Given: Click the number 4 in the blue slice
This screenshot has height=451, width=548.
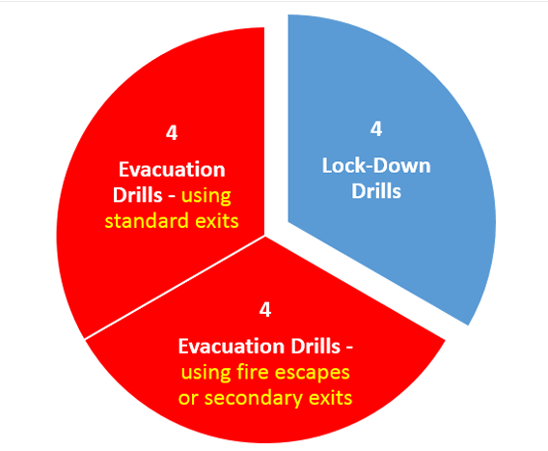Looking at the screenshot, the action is coord(376,128).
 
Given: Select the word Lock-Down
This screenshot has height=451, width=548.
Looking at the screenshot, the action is coord(376,165).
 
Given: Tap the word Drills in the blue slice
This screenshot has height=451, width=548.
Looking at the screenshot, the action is coord(376,191).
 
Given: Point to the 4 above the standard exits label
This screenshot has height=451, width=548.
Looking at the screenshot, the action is coord(172,133).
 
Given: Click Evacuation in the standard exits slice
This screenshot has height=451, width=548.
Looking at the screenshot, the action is coord(172,170).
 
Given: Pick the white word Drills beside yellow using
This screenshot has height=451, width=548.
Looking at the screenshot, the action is coord(138,195).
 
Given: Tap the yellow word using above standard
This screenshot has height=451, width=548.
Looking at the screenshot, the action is coord(206,196).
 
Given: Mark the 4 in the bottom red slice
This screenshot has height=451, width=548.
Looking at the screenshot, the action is coord(265,310).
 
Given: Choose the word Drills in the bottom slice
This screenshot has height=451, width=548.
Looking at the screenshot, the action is coord(315,347).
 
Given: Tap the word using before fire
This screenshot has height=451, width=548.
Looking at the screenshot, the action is coord(205,373).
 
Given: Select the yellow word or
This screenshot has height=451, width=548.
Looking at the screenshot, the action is coord(188,399).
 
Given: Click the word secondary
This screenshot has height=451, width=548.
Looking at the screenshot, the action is coord(254,399).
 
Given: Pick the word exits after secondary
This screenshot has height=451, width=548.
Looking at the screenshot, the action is coord(331,398).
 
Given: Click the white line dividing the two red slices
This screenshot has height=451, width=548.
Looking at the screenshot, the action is coord(175,288).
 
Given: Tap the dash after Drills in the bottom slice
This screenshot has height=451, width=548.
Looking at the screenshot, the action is coord(349,348).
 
